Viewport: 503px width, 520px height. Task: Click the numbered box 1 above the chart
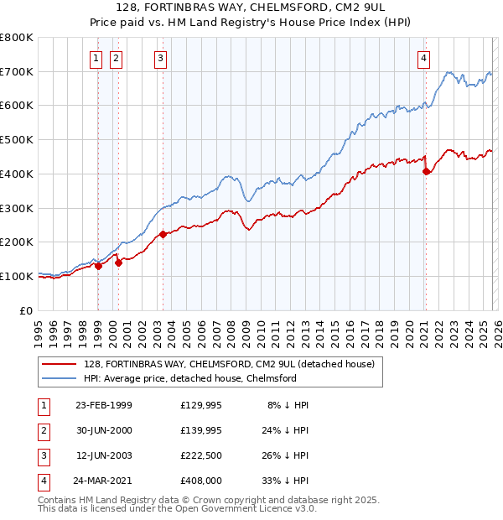click(x=96, y=58)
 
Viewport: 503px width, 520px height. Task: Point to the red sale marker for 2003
click(x=163, y=235)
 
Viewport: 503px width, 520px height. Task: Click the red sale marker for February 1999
click(x=98, y=266)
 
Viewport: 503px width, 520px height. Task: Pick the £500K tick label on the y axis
click(x=16, y=139)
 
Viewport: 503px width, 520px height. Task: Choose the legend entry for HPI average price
click(x=190, y=378)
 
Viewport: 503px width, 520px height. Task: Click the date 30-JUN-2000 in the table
click(x=104, y=430)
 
